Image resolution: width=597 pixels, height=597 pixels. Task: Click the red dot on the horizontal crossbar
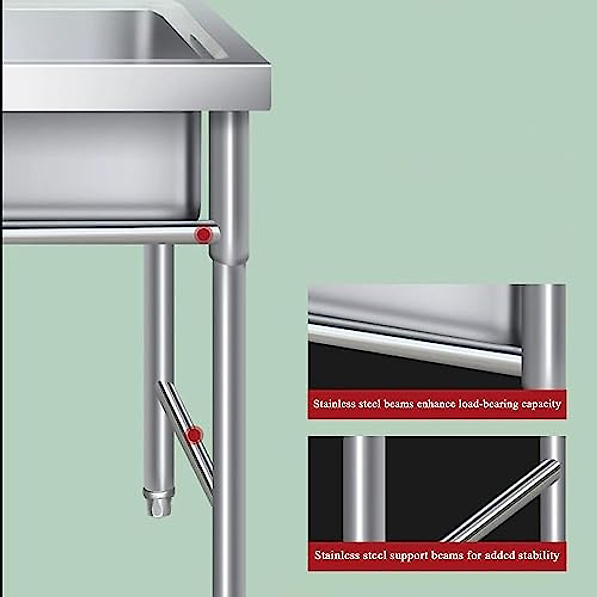click(x=203, y=234)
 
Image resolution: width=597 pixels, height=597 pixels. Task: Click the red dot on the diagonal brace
click(x=195, y=435)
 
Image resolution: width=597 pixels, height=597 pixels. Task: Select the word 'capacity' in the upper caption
click(x=541, y=404)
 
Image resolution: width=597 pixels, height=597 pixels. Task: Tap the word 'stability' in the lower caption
click(x=539, y=555)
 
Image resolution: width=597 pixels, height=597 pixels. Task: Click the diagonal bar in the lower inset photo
click(x=502, y=502)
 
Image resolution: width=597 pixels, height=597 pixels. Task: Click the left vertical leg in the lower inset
click(x=364, y=488)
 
